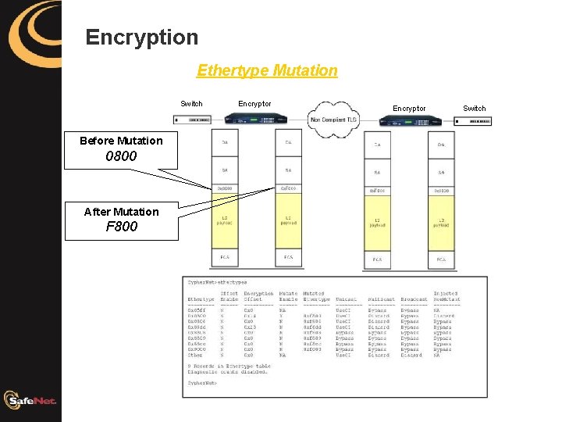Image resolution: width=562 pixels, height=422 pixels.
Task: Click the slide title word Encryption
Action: coord(142,37)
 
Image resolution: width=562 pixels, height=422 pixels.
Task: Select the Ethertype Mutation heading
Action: coord(267,70)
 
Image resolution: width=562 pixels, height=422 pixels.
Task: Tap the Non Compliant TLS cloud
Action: coord(335,120)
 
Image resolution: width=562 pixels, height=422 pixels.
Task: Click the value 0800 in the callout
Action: coord(121,156)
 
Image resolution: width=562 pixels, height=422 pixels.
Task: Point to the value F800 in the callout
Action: coord(121,227)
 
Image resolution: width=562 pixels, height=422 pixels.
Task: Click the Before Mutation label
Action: coord(121,141)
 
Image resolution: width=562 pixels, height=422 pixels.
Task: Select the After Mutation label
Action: coord(121,212)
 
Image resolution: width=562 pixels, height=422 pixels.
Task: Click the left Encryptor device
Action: coord(254,119)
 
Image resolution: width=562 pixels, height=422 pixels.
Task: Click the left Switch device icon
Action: coord(193,120)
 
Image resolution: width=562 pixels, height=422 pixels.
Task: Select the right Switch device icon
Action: coord(471,121)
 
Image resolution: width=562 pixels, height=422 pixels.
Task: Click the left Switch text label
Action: coord(191,103)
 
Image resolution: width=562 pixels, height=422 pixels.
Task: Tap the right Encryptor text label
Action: coord(409,108)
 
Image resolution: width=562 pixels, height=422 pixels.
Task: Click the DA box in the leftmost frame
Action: coord(225,142)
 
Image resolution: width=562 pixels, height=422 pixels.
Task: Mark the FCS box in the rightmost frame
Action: coord(441,259)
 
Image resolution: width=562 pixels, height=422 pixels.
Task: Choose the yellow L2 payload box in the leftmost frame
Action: coord(225,221)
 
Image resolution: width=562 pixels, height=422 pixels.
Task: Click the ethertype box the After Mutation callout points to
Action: coord(288,188)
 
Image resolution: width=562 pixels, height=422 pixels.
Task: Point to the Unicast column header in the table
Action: coord(345,299)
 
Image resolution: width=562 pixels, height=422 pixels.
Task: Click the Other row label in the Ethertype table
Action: coord(195,355)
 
